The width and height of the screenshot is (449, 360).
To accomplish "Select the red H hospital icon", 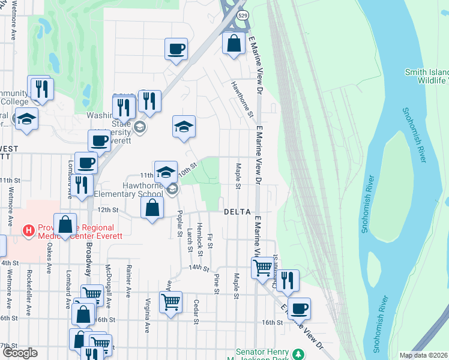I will coord(28,230).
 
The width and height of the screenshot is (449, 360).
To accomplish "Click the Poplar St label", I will coord(179,223).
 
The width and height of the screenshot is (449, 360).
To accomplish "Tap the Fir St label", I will coord(209,241).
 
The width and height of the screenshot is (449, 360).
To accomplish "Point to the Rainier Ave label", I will coord(128,281).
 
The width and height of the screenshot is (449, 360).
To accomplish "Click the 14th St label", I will coord(197,267).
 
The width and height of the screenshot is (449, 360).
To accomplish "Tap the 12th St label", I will coord(108,210).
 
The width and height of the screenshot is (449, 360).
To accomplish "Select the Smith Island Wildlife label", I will coord(426,76).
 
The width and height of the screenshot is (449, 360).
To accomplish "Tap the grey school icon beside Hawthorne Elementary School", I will coord(172,190).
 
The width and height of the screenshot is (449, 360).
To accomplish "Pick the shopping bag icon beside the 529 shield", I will coord(233,43).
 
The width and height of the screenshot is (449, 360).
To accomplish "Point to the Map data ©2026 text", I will coord(423,355).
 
